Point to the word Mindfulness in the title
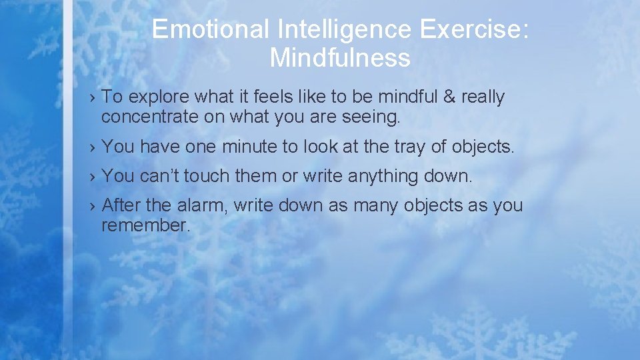tap(340, 58)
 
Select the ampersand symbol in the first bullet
tap(449, 97)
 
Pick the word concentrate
tap(154, 117)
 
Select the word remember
tap(145, 225)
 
